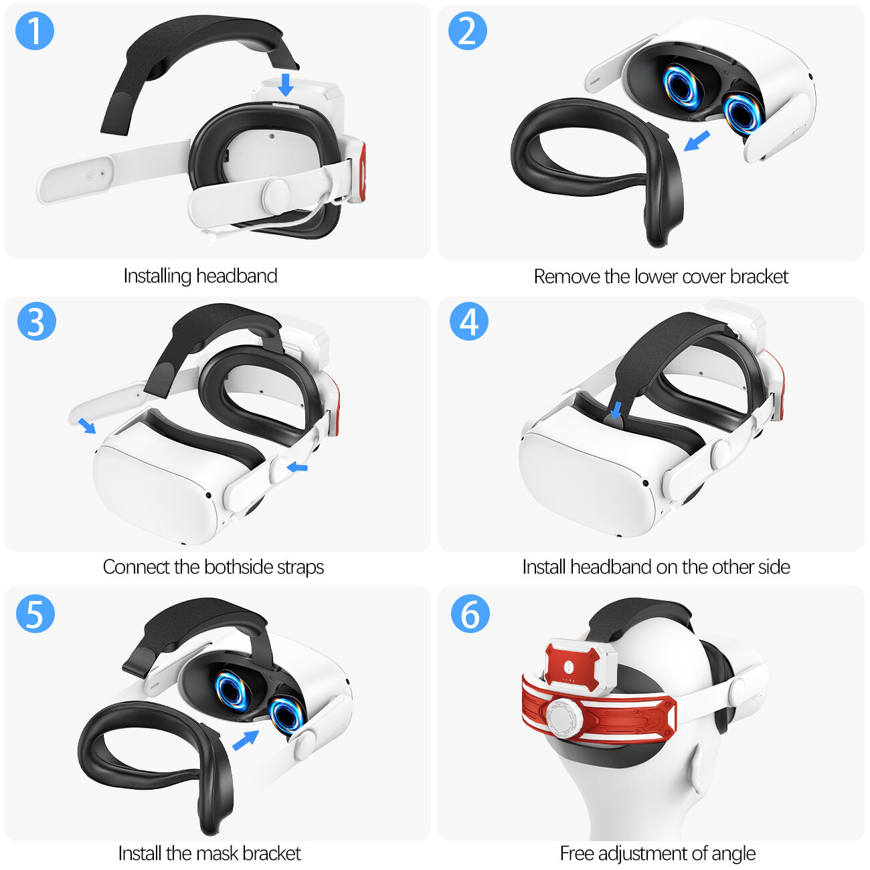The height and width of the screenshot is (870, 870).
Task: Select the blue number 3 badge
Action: click(36, 321)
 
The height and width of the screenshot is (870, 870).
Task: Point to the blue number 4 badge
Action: click(468, 321)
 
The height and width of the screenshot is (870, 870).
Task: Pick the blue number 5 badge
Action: click(35, 613)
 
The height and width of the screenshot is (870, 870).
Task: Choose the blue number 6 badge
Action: click(470, 613)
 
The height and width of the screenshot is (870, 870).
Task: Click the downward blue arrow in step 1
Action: click(286, 85)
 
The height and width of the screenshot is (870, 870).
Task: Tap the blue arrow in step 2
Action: click(697, 141)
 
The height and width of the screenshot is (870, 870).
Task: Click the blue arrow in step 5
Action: click(246, 740)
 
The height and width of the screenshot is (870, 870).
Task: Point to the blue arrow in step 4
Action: click(616, 411)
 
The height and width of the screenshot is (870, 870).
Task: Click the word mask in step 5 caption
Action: click(217, 853)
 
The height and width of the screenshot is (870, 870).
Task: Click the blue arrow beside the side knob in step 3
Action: click(297, 466)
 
